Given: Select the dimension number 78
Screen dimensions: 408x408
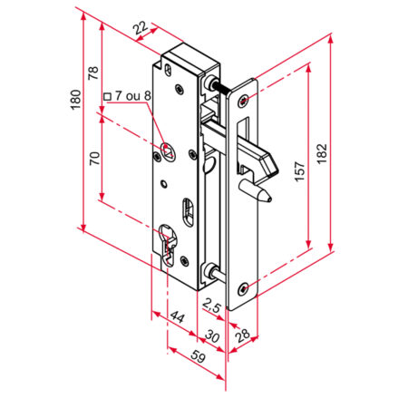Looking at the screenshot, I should click(92, 73).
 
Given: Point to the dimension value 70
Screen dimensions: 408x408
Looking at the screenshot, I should click(92, 161).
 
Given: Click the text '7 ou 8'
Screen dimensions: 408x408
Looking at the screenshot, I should click(135, 95).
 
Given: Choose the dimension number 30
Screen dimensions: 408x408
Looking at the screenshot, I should click(214, 336).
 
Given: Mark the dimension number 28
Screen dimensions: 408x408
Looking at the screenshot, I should click(241, 336).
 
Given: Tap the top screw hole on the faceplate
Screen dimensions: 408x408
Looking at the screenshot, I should click(245, 98).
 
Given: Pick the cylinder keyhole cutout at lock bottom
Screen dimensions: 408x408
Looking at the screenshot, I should click(167, 245).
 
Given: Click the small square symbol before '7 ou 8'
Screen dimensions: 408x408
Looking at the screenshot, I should click(108, 95).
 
